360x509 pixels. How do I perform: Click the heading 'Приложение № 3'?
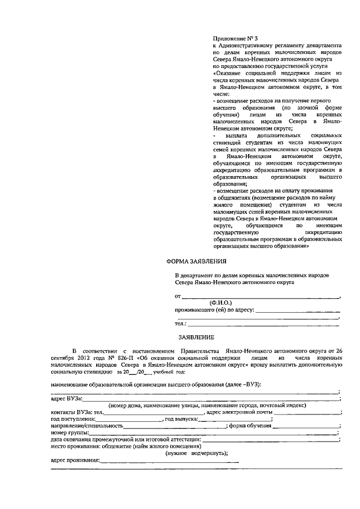click(236, 35)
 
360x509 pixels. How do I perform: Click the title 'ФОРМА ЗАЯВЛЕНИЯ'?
click(196, 262)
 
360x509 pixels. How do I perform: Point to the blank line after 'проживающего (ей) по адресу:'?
click(298, 309)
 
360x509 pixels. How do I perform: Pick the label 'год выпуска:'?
click(181, 419)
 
